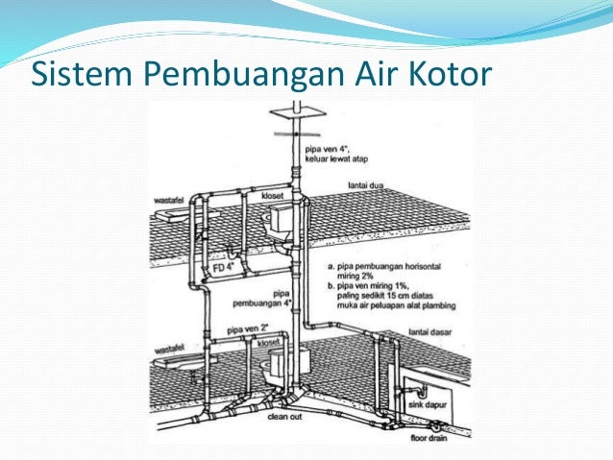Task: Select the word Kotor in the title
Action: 445,74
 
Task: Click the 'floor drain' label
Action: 438,436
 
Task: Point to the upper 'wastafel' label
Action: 170,201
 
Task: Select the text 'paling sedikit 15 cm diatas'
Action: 378,297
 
